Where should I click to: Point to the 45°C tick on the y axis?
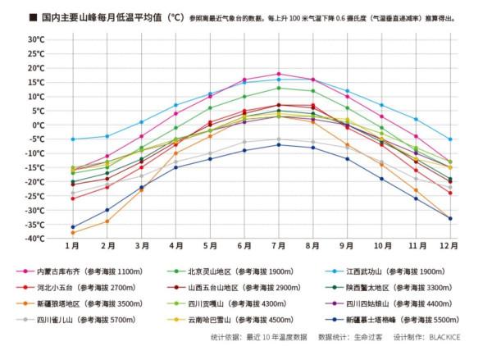tap(33, 39)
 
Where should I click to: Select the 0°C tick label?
tap(36, 125)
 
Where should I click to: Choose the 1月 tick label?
tap(72, 246)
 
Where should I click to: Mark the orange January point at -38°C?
tap(72, 233)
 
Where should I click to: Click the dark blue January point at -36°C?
tap(72, 227)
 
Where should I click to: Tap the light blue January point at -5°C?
tap(72, 139)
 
